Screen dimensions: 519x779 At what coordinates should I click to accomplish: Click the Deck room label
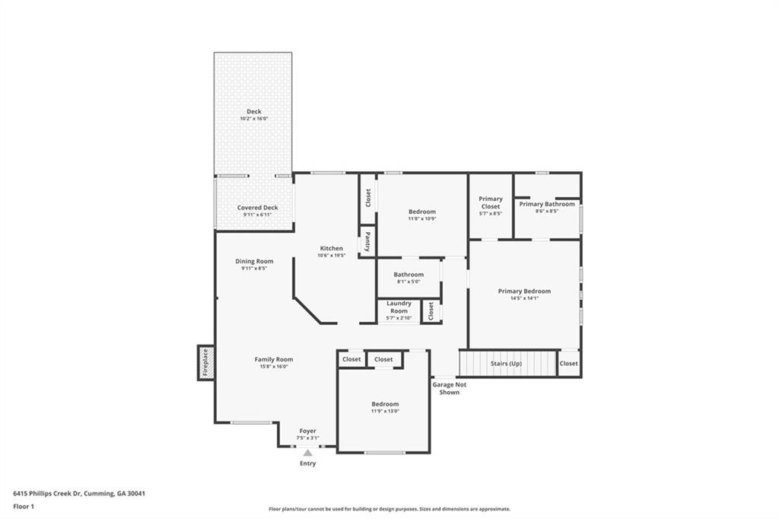click(253, 112)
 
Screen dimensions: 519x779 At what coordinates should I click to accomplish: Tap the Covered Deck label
click(257, 208)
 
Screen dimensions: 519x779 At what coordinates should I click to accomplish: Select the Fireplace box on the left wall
click(205, 363)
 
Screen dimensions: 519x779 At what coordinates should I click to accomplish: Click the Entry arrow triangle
click(307, 452)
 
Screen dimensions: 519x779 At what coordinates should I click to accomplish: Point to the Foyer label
click(307, 431)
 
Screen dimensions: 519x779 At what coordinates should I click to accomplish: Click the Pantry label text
click(367, 242)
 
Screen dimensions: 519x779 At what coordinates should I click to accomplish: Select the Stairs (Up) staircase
click(508, 363)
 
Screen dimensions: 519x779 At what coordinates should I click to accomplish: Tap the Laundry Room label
click(399, 307)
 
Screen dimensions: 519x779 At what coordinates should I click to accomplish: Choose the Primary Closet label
click(490, 202)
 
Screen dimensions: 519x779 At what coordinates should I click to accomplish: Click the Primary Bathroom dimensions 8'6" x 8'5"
click(547, 212)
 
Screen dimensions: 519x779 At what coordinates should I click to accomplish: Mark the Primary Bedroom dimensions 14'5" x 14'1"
click(524, 298)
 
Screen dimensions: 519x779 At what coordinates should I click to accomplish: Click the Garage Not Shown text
click(449, 388)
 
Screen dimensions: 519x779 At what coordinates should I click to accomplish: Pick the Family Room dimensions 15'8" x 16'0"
click(273, 367)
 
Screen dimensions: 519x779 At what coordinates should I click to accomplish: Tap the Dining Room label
click(254, 261)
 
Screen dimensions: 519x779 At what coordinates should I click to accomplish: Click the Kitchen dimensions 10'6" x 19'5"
click(331, 256)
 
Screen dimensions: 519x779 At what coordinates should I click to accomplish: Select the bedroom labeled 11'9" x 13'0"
click(385, 407)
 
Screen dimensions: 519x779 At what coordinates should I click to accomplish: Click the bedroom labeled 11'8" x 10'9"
click(421, 215)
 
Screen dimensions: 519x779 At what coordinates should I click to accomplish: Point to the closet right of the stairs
click(568, 363)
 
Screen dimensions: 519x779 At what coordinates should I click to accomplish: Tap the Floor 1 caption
click(24, 506)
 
